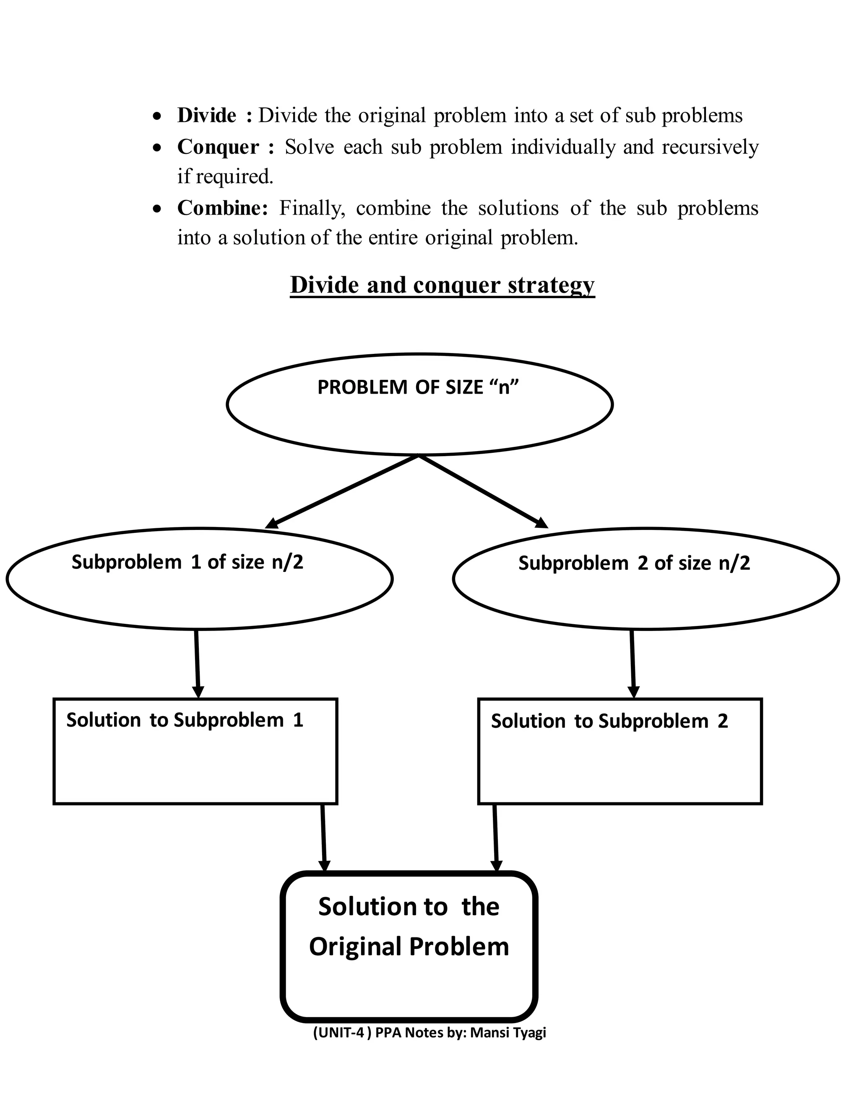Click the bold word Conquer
[x=218, y=147]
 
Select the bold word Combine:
[x=222, y=208]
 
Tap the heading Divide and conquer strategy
[x=442, y=284]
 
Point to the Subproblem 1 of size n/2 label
[x=187, y=562]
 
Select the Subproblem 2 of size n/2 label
[x=634, y=563]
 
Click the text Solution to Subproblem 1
[x=185, y=720]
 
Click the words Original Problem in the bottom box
[x=409, y=947]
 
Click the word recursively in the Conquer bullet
[x=710, y=147]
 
